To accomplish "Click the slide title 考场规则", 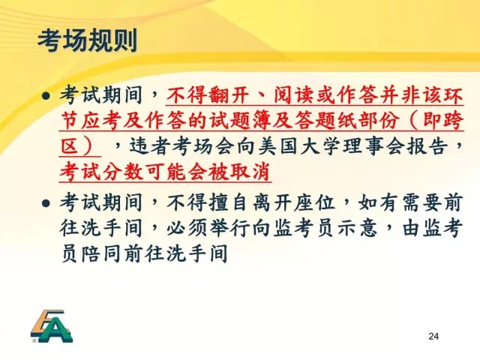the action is click(88, 40).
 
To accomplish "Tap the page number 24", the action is click(433, 336).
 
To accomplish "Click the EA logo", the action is click(52, 326).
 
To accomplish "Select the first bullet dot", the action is click(46, 96).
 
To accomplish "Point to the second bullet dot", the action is click(46, 203).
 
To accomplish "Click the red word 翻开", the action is click(229, 95).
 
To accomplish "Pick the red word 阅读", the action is click(293, 95).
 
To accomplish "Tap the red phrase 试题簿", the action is click(240, 120).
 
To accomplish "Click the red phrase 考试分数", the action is click(101, 172).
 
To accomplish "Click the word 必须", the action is click(187, 228).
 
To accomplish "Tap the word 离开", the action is click(271, 202).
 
